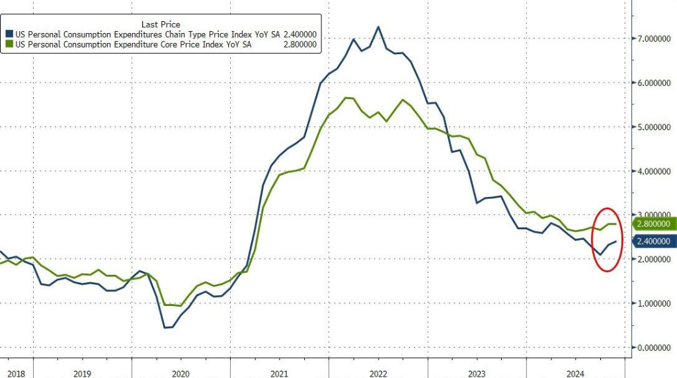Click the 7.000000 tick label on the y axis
coord(651,39)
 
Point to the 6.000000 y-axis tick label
coord(651,83)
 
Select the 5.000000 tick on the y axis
coord(651,127)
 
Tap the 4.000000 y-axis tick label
coord(651,171)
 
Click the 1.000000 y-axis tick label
coord(651,303)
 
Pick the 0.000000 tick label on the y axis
coord(651,348)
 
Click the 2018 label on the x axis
coord(15,373)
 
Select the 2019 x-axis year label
coord(82,373)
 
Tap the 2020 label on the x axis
coord(180,373)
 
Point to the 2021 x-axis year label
coord(279,373)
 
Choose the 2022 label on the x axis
coord(378,373)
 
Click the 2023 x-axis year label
coord(477,373)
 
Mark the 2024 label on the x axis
coord(575,373)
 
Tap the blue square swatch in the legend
coord(10,34)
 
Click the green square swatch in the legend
coord(10,44)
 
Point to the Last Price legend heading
coord(161,24)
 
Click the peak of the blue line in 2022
coord(378,27)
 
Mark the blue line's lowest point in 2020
coord(165,327)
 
